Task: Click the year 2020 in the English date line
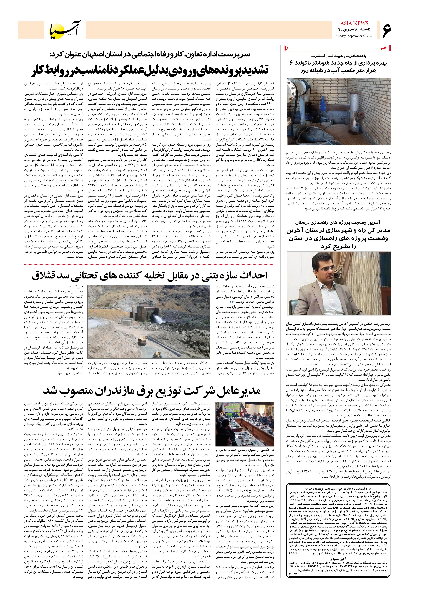click(x=370, y=36)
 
